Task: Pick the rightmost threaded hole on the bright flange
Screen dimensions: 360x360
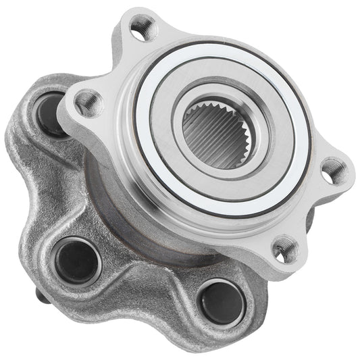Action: tap(332, 171)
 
